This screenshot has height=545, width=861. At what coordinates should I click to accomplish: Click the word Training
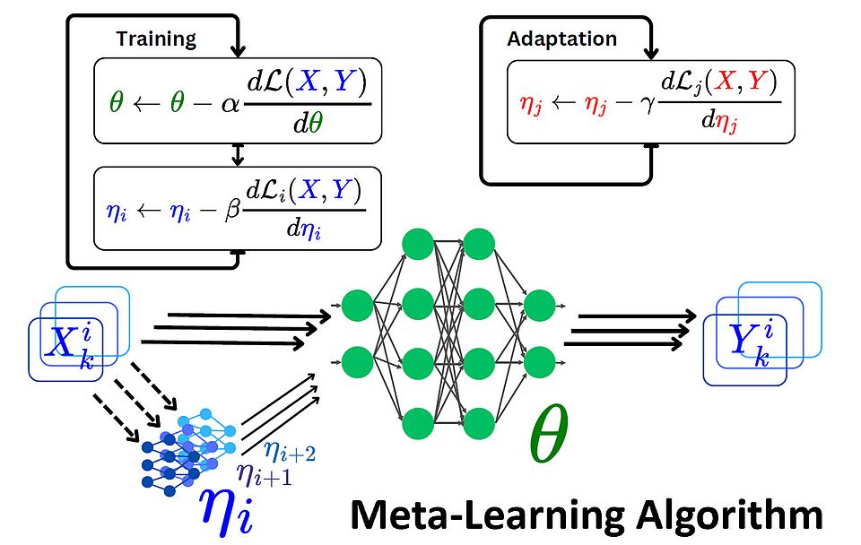pos(156,39)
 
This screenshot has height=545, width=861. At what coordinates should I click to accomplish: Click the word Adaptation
pos(561,39)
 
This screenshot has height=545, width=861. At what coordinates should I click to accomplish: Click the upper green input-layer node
pos(358,306)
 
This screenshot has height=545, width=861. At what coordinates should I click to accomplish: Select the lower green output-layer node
pos(539,362)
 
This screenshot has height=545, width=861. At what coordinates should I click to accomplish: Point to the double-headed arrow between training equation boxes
pos(238,153)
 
